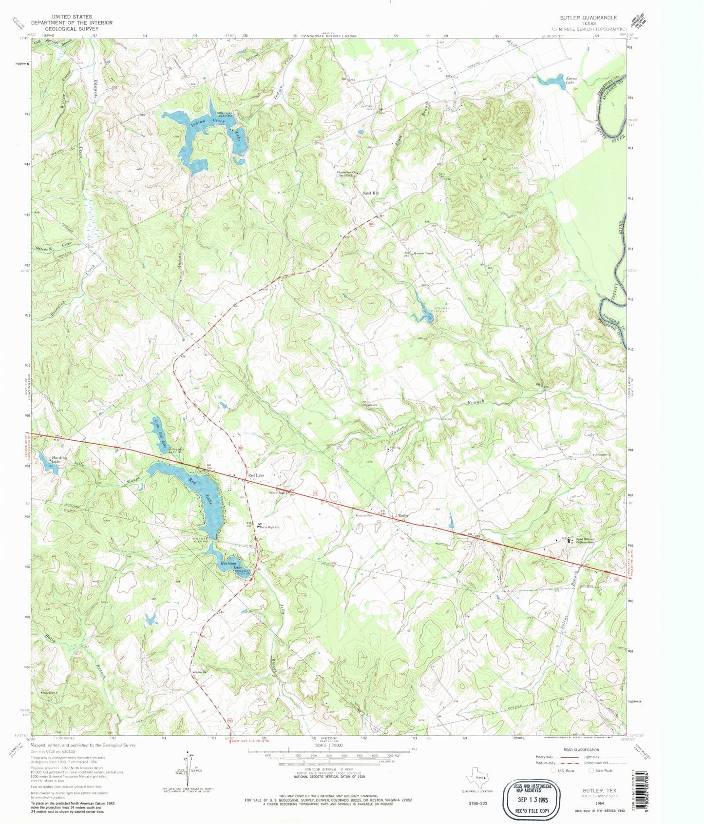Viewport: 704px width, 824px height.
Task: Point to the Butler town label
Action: (x=403, y=515)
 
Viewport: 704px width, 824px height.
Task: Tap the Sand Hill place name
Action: (x=371, y=193)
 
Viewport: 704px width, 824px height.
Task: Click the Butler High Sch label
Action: (x=269, y=527)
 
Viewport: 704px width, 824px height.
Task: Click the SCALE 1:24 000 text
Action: (x=328, y=746)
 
